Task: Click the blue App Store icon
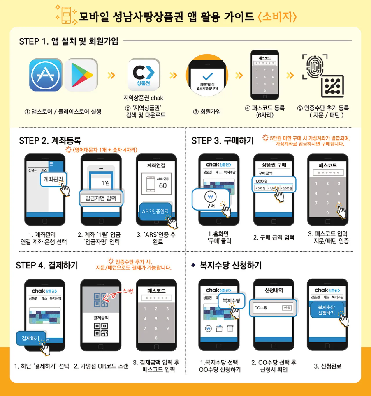(x=46, y=75)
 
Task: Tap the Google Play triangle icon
(x=81, y=75)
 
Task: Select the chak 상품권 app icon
(x=144, y=75)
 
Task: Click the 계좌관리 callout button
(x=53, y=179)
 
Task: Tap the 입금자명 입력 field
(x=100, y=199)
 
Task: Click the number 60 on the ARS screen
(x=163, y=185)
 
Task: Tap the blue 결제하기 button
(x=31, y=339)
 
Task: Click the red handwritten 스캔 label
(x=128, y=291)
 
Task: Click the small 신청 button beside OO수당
(x=287, y=308)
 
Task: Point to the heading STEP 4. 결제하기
(x=46, y=265)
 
